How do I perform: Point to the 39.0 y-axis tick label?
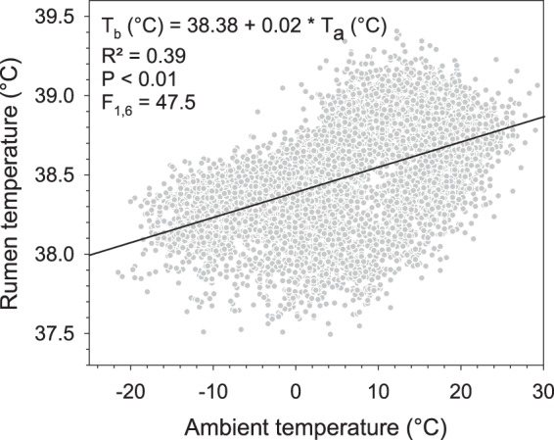pos(57,96)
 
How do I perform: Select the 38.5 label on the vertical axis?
pos(57,175)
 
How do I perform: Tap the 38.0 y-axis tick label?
pos(57,255)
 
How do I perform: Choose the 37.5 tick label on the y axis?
pos(57,334)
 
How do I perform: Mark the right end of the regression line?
pos(543,117)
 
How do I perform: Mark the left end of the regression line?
pos(88,255)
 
